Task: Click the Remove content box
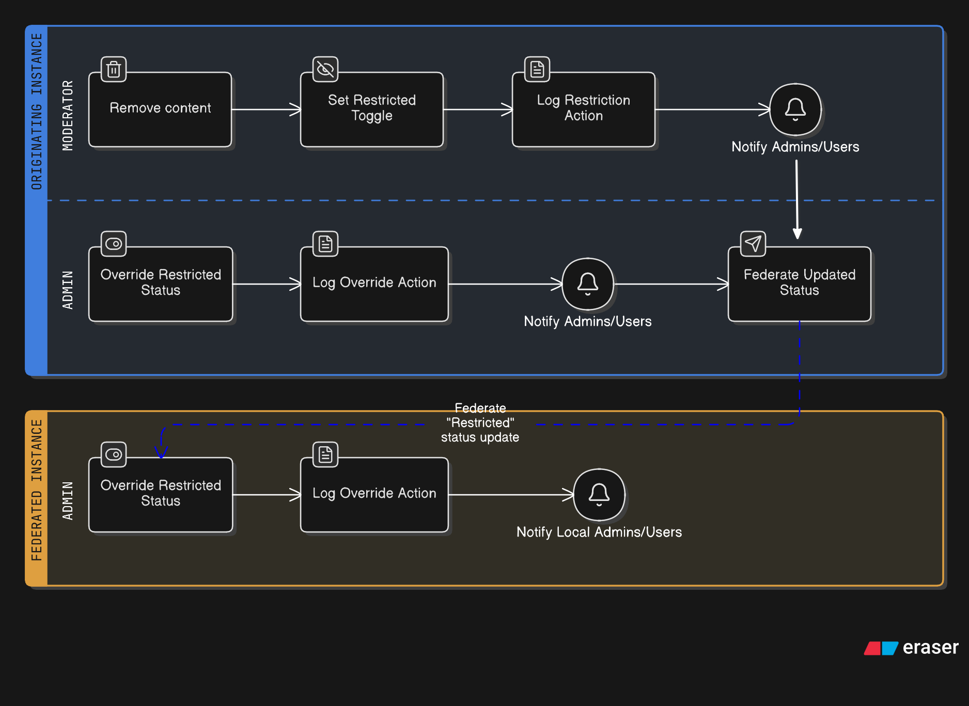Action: [x=160, y=109]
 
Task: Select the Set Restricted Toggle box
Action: [x=372, y=109]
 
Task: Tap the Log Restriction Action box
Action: [x=584, y=109]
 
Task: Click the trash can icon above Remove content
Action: [x=114, y=69]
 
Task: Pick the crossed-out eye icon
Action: [x=325, y=69]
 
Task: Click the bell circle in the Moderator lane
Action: [x=795, y=109]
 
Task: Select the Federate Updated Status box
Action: [x=800, y=284]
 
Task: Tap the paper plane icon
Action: [x=753, y=244]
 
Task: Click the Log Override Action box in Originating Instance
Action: [x=374, y=284]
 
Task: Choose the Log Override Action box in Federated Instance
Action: [x=374, y=495]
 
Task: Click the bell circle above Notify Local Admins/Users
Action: [x=599, y=495]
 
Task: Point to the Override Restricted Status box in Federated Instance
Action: [x=161, y=495]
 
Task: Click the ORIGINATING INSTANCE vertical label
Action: [x=37, y=112]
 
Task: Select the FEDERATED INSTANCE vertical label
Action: [x=37, y=490]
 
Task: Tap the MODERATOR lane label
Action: [x=68, y=116]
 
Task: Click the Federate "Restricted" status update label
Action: [x=480, y=422]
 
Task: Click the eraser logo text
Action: [x=930, y=647]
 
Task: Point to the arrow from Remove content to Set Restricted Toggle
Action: [x=266, y=109]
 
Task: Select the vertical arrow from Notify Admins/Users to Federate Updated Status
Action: [x=797, y=199]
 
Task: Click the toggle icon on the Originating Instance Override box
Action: [x=114, y=244]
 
